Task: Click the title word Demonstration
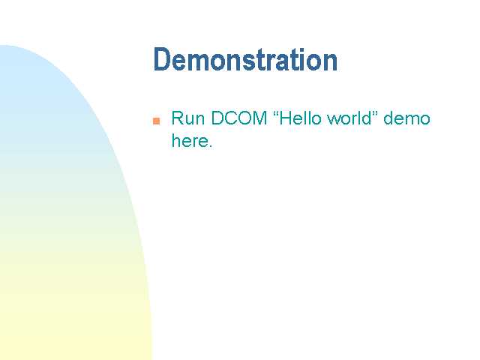(x=245, y=60)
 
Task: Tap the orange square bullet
(x=157, y=121)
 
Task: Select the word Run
(x=188, y=118)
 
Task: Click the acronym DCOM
(x=239, y=118)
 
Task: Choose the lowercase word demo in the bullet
(x=406, y=118)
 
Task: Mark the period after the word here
(x=210, y=145)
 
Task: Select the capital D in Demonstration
(x=162, y=60)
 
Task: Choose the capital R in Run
(x=178, y=118)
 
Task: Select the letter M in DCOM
(x=259, y=118)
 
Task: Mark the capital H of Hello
(x=286, y=118)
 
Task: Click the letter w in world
(x=334, y=120)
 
